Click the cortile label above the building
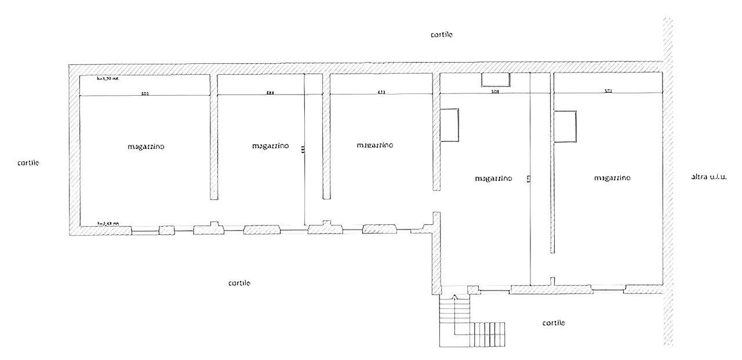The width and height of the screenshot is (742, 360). click(x=441, y=35)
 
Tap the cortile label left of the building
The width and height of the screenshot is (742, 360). click(x=28, y=163)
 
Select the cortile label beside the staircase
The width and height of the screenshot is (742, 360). click(x=553, y=322)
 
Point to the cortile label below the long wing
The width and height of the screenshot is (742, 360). click(x=239, y=283)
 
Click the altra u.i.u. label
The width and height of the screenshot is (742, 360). click(x=708, y=176)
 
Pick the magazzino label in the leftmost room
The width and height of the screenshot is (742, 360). click(x=146, y=147)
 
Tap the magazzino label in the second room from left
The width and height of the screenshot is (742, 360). click(x=271, y=146)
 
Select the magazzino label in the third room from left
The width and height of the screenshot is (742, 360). click(x=375, y=145)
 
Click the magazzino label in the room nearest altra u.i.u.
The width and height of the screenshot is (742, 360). click(x=612, y=178)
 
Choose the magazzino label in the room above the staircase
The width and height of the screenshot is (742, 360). click(x=493, y=179)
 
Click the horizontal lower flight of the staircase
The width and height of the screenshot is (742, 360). click(x=487, y=334)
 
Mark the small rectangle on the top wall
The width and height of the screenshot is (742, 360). click(x=496, y=80)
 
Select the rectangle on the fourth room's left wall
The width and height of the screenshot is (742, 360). click(x=449, y=125)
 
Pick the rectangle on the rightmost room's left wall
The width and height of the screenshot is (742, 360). click(x=565, y=126)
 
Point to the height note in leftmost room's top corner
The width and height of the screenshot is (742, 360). click(x=108, y=78)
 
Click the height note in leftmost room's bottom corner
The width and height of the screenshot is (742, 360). click(x=108, y=223)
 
